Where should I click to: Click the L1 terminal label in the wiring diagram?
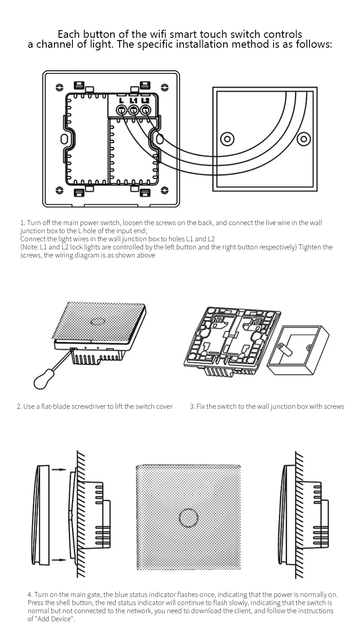coord(133,100)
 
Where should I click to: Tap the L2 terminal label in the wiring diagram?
coord(145,100)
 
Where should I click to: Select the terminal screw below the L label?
coord(121,110)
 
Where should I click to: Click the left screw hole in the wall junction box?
coord(228,138)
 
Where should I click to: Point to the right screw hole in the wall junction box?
coord(304,138)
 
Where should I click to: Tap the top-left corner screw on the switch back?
coord(59,86)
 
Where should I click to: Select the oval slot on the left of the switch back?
coord(65,138)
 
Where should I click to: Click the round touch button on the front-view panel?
coord(188,518)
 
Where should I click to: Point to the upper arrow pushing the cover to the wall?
coord(58,470)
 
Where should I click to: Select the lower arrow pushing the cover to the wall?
coord(58,560)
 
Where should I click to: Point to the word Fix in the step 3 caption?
coord(201,407)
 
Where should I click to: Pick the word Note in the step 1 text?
coord(30,247)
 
